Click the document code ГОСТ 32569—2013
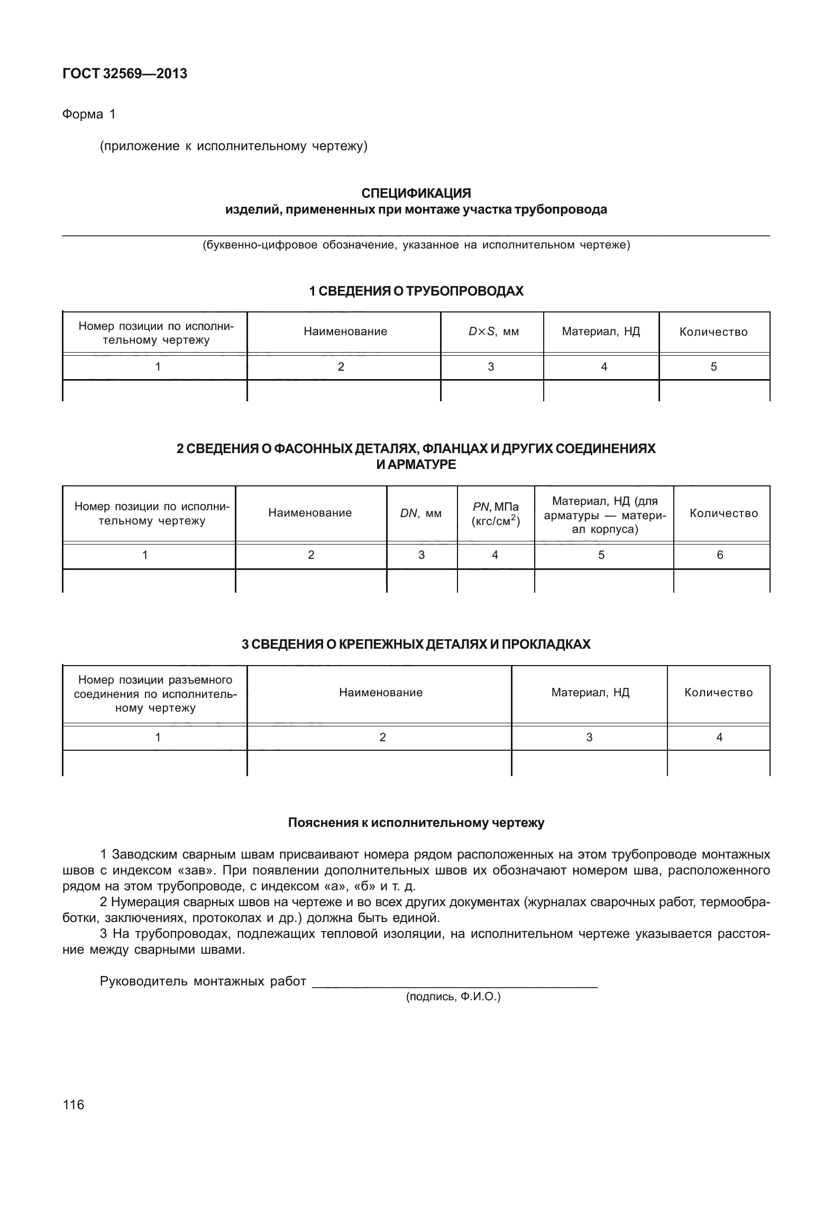125,74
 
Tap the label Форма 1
89,114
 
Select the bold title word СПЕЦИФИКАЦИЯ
416,194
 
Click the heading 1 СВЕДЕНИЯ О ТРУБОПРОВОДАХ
416,291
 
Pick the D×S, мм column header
493,332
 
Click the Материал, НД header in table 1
601,331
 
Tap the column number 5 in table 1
713,367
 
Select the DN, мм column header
421,513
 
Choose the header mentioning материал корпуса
605,514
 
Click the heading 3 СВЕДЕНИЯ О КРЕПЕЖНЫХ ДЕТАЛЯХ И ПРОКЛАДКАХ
416,644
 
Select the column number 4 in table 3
719,737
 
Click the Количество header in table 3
718,693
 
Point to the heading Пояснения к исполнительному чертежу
416,823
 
